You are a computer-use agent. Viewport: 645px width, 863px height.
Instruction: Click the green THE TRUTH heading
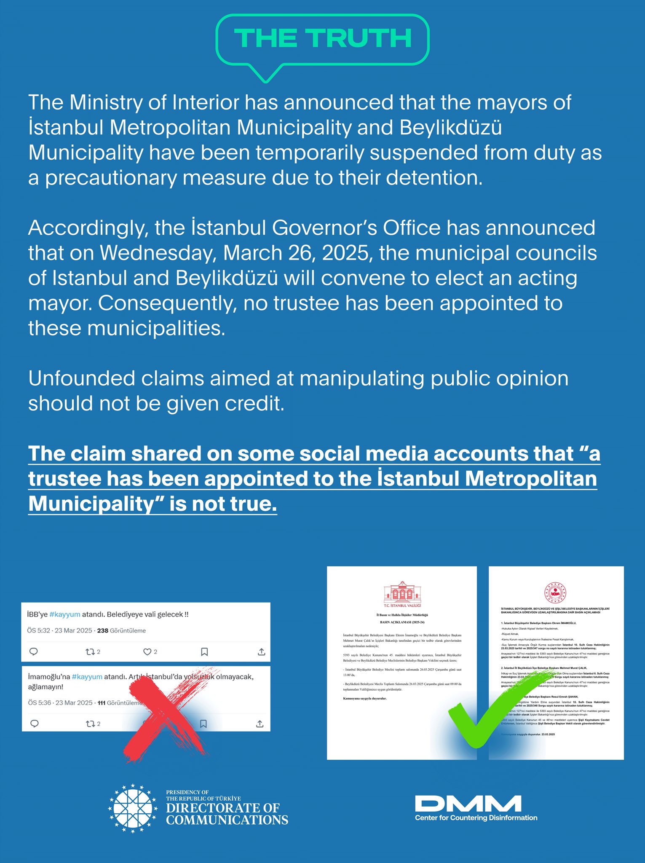pyautogui.click(x=323, y=38)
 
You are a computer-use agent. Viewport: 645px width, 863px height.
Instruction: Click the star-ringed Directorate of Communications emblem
pyautogui.click(x=133, y=808)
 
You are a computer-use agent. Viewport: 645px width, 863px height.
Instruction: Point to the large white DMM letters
pyautogui.click(x=468, y=804)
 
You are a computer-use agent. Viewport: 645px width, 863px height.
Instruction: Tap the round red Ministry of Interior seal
pyautogui.click(x=555, y=592)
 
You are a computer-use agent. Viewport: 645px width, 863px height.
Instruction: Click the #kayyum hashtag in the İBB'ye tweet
pyautogui.click(x=64, y=614)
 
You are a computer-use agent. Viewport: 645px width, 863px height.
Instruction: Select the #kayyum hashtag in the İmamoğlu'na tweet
pyautogui.click(x=87, y=677)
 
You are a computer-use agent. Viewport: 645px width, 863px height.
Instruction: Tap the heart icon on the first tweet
pyautogui.click(x=147, y=652)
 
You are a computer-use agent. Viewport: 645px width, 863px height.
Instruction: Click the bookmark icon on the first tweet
pyautogui.click(x=204, y=652)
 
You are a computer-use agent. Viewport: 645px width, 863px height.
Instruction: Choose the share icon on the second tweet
pyautogui.click(x=260, y=724)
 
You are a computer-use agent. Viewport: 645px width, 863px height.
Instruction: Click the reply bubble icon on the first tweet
pyautogui.click(x=34, y=652)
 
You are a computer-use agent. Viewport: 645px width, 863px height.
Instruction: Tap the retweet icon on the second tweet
pyautogui.click(x=90, y=724)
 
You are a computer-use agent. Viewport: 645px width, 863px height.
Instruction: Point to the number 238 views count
pyautogui.click(x=103, y=631)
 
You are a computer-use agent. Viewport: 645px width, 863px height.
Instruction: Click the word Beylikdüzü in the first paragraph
pyautogui.click(x=450, y=128)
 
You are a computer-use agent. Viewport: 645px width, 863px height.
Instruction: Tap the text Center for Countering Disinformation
pyautogui.click(x=476, y=818)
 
